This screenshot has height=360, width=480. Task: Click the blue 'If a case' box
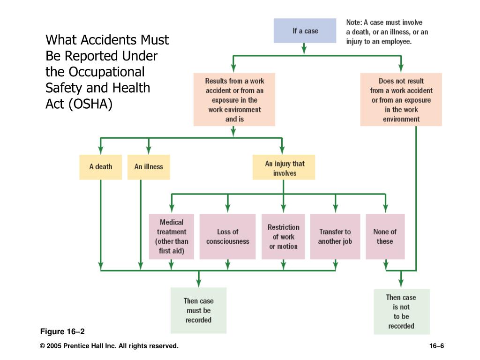[x=305, y=30]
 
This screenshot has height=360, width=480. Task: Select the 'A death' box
[x=100, y=167]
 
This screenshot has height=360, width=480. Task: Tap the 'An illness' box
[x=149, y=167]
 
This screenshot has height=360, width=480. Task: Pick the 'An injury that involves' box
[x=284, y=167]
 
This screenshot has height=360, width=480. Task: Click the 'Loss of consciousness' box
[x=227, y=237]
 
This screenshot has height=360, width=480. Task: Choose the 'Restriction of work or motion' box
[x=283, y=237]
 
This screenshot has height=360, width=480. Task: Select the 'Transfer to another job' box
[x=335, y=237]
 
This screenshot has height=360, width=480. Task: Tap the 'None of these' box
[x=385, y=237]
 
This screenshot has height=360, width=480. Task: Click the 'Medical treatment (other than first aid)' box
[x=172, y=237]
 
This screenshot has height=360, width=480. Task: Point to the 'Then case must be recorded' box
[x=198, y=310]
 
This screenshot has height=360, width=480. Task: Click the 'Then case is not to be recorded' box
[x=402, y=312]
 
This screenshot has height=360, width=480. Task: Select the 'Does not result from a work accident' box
[x=401, y=99]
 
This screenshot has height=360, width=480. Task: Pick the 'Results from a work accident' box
[x=234, y=99]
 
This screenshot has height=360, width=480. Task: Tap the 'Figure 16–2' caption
[x=62, y=331]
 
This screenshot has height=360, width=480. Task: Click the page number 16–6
[x=436, y=346]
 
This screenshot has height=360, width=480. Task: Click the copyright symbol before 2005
[x=43, y=346]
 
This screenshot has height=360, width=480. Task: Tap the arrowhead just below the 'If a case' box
[x=304, y=49]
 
